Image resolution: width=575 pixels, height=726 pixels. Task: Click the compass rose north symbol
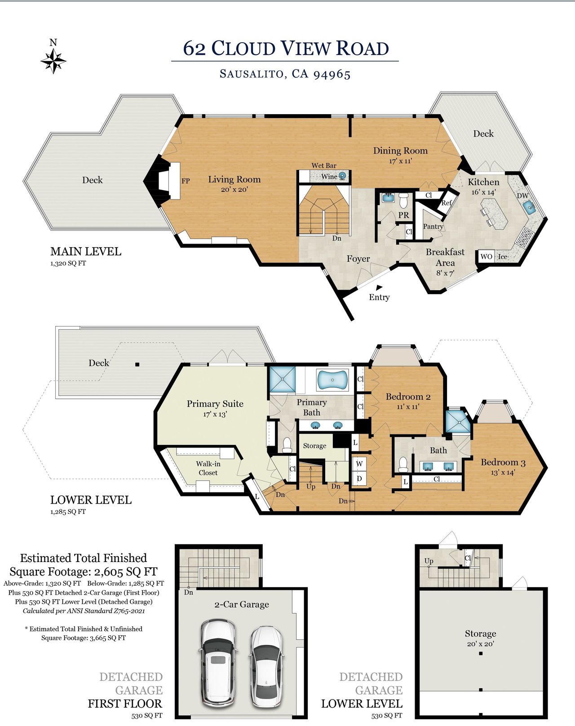pos(53,61)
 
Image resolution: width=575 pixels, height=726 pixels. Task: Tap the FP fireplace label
pos(186,181)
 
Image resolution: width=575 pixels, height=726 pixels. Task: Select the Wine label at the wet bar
pos(329,177)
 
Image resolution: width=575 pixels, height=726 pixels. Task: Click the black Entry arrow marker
pos(379,288)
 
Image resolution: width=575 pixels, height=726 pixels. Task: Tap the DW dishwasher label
pos(522,196)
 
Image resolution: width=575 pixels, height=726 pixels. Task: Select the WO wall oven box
pos(486,257)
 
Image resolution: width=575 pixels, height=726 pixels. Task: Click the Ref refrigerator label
pos(447,203)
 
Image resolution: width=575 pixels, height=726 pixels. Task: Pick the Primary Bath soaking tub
pos(332,380)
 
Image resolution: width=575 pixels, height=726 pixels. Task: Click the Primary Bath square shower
pos(283,380)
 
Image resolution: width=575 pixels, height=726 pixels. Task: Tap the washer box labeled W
pos(359,464)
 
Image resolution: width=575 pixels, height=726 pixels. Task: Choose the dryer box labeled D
pos(359,478)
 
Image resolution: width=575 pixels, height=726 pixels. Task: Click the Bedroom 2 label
pos(408,397)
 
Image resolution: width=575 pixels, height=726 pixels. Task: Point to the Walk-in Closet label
pos(208,468)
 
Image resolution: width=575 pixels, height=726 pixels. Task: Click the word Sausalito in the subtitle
pos(252,74)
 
